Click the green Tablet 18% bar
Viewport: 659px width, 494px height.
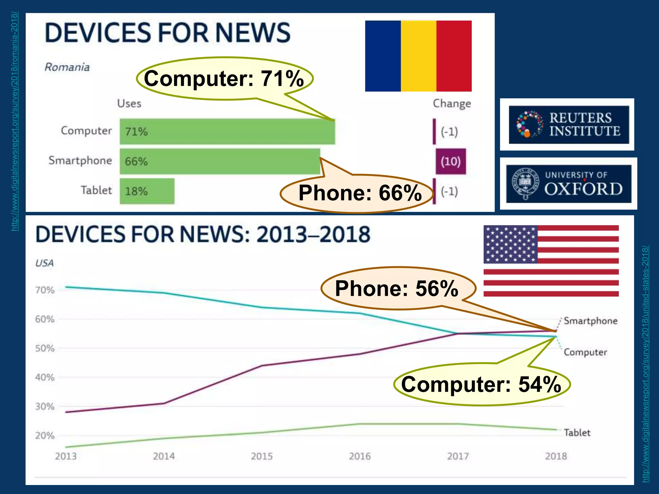coord(147,191)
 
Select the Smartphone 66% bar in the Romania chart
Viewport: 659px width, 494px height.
coord(220,161)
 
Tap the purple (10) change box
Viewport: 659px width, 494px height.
coord(450,161)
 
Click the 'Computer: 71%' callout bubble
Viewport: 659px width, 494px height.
coord(224,78)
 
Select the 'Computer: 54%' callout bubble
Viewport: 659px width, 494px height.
coord(481,384)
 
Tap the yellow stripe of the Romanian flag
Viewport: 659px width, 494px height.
coord(418,56)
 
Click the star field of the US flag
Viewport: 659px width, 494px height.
coord(510,244)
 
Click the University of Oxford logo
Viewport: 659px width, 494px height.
coord(568,184)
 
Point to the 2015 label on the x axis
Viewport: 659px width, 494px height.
coord(262,456)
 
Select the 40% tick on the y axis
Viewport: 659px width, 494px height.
coord(45,377)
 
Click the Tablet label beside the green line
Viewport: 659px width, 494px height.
coord(577,433)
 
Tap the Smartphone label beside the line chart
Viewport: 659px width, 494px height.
coord(590,321)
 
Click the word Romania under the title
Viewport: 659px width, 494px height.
coord(67,67)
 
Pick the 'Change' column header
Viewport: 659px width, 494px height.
coord(452,104)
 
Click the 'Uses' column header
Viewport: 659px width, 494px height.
coord(129,104)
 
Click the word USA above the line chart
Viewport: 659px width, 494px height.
coord(44,263)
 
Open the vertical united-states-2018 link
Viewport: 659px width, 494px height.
coord(645,363)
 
